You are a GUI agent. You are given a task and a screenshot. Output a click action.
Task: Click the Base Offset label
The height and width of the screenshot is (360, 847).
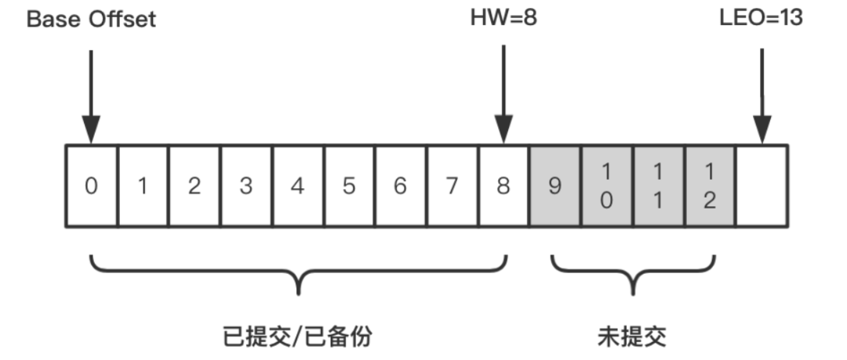click(91, 19)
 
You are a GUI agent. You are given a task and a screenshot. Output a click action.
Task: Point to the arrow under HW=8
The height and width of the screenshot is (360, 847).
click(503, 94)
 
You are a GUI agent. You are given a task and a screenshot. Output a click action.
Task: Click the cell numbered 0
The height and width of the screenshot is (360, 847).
click(91, 187)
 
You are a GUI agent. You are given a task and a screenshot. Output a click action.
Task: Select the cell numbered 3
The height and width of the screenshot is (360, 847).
click(245, 187)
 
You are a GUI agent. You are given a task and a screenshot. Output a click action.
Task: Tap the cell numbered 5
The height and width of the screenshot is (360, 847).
click(349, 187)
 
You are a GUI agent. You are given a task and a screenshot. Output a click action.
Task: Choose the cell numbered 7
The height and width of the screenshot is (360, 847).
click(452, 187)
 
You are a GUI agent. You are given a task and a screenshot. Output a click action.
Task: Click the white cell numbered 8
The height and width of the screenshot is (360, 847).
click(503, 187)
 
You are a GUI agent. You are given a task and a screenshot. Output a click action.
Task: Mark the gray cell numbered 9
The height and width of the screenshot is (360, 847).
click(554, 187)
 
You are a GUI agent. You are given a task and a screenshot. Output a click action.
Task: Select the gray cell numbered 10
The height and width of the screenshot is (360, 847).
click(606, 187)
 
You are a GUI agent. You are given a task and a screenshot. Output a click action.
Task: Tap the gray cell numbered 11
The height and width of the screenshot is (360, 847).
click(658, 187)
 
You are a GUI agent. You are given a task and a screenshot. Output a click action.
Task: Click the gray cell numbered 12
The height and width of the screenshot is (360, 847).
click(709, 187)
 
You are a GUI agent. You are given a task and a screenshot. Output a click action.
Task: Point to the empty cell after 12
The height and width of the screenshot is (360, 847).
click(761, 187)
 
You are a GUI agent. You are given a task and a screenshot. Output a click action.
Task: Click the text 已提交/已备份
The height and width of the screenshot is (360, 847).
click(297, 336)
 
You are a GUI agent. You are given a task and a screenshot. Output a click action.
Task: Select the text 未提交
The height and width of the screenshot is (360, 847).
click(632, 336)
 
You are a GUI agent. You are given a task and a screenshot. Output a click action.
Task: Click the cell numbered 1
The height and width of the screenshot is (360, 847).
click(143, 187)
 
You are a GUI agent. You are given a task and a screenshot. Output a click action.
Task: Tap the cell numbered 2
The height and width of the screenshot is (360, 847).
click(194, 187)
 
